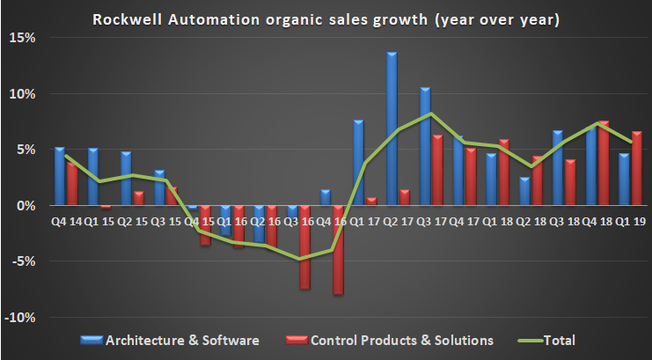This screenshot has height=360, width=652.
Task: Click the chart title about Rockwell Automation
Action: click(326, 18)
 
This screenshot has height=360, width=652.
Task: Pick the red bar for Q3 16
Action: click(304, 247)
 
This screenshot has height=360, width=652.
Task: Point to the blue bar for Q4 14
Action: click(59, 176)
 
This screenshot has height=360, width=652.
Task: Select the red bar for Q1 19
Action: click(636, 168)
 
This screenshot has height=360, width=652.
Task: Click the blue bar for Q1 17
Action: click(359, 163)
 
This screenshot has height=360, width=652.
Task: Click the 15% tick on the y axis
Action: click(22, 39)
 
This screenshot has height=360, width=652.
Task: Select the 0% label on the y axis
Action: click(26, 206)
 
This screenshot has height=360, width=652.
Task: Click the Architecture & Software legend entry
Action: click(175, 340)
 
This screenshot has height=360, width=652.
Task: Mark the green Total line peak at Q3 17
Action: click(430, 114)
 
